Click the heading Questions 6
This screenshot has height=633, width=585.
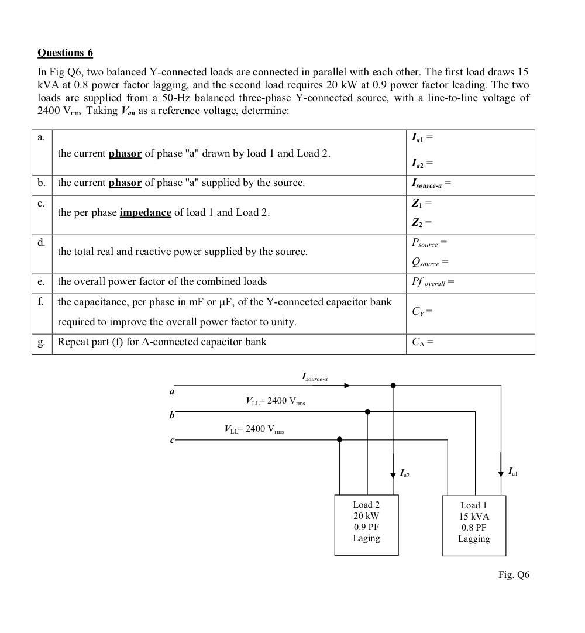click(65, 53)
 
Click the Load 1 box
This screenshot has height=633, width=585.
click(473, 525)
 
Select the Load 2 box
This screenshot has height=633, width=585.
click(366, 525)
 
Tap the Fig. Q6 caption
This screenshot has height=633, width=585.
click(514, 574)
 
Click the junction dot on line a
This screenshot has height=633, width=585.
click(393, 386)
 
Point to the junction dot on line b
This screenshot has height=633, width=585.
click(367, 412)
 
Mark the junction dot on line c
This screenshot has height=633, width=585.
click(340, 439)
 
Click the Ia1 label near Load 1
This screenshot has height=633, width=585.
click(512, 472)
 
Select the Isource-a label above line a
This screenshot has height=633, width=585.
click(315, 377)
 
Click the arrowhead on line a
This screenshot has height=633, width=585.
click(347, 386)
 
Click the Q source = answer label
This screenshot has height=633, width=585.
click(429, 262)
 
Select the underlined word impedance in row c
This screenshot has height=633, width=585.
click(145, 212)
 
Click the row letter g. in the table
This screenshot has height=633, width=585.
click(42, 342)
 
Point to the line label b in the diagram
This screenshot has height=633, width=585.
click(172, 415)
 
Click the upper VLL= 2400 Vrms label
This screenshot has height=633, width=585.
click(275, 401)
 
